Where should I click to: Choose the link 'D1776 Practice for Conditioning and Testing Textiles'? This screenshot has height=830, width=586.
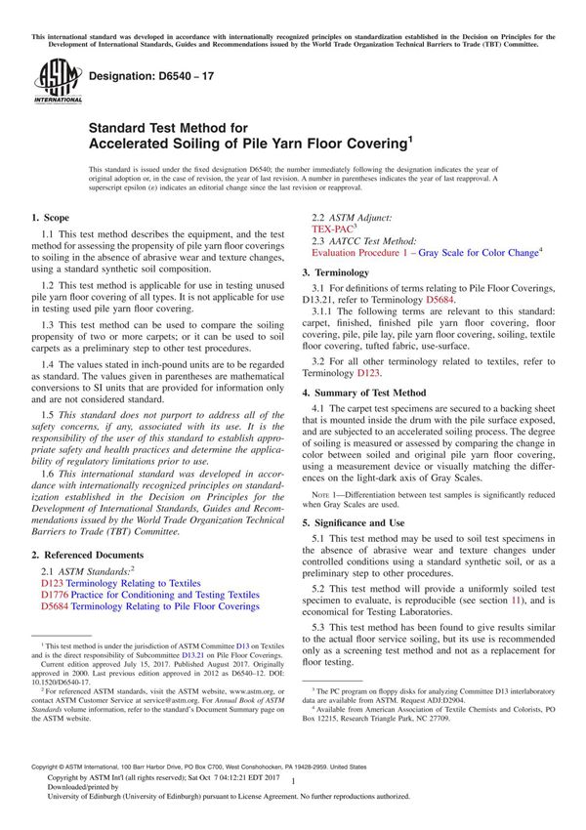(x=150, y=593)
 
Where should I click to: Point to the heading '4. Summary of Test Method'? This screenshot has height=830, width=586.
(x=377, y=363)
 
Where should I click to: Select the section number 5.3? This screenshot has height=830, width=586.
(x=320, y=625)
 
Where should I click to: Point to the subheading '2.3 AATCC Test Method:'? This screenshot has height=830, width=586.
(x=363, y=239)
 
